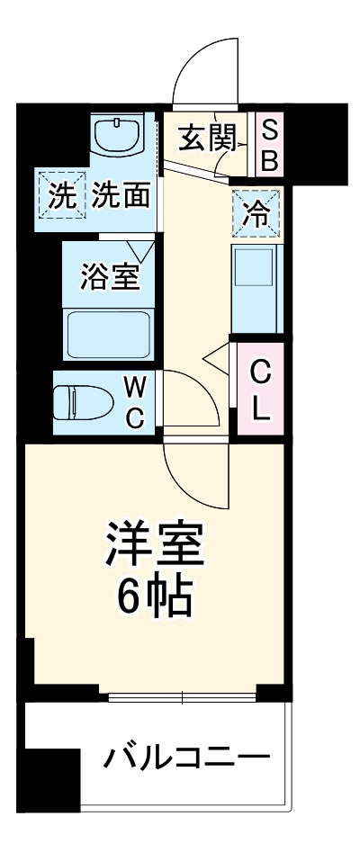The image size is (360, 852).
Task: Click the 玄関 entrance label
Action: click(205, 139)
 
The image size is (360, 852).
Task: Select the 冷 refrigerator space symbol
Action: click(257, 213)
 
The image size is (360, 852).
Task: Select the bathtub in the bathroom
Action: click(112, 334)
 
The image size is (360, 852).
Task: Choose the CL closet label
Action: click(259, 390)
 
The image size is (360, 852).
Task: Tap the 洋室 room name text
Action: click(155, 544)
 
